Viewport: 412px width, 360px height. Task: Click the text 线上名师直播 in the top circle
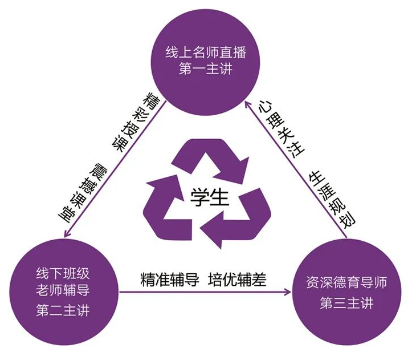(206, 52)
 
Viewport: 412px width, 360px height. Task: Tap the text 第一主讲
(206, 69)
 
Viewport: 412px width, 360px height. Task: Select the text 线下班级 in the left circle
(63, 273)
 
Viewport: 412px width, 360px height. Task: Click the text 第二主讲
(63, 310)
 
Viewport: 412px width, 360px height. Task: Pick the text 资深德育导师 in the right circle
(346, 282)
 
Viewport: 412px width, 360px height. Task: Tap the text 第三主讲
(346, 303)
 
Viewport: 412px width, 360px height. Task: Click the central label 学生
(209, 197)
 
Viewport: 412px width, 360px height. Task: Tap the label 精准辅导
(170, 280)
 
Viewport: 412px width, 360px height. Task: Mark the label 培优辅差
(237, 280)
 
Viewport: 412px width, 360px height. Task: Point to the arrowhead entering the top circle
(248, 106)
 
